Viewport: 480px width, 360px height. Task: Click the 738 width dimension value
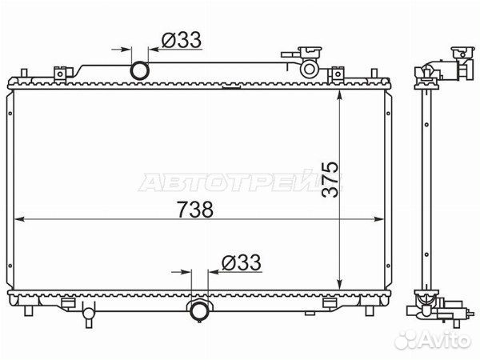pyautogui.click(x=195, y=210)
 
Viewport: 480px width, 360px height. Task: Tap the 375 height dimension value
pyautogui.click(x=330, y=179)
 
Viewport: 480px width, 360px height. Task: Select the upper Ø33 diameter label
pyautogui.click(x=182, y=40)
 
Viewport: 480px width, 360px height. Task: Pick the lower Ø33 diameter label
pyautogui.click(x=242, y=262)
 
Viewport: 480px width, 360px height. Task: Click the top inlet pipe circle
pyautogui.click(x=139, y=70)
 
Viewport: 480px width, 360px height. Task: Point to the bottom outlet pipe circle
pyautogui.click(x=199, y=310)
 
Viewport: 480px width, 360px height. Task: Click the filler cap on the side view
pyautogui.click(x=463, y=54)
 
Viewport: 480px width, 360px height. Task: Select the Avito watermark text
pyautogui.click(x=432, y=340)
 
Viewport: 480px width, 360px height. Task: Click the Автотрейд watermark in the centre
pyautogui.click(x=239, y=182)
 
